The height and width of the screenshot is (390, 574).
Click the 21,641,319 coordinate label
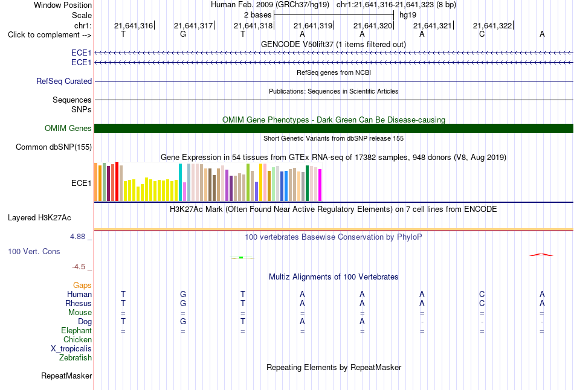click(313, 25)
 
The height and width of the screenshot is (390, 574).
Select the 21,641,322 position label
click(492, 25)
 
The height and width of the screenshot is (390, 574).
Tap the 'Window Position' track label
click(63, 5)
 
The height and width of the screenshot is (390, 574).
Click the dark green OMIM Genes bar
click(334, 128)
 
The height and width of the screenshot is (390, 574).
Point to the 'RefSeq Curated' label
click(64, 82)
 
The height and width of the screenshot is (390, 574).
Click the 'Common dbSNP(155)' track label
click(54, 147)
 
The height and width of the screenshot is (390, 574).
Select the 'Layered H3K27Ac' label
click(39, 218)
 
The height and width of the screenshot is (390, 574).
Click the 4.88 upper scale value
click(77, 237)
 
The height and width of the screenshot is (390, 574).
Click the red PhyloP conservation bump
click(541, 255)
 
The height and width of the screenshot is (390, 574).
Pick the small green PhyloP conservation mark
click(241, 258)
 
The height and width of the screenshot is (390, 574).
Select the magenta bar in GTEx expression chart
click(320, 185)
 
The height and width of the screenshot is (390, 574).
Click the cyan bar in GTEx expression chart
click(180, 182)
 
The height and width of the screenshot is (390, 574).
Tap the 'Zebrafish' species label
click(76, 358)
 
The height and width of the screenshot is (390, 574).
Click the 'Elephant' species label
click(77, 331)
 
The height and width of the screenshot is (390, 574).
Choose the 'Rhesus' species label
click(79, 303)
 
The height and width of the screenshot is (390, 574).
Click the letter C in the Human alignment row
click(482, 294)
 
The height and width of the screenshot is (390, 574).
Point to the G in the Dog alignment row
click(183, 321)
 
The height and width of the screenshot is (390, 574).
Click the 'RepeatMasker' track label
click(66, 376)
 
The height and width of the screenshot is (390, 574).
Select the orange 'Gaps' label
click(82, 286)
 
